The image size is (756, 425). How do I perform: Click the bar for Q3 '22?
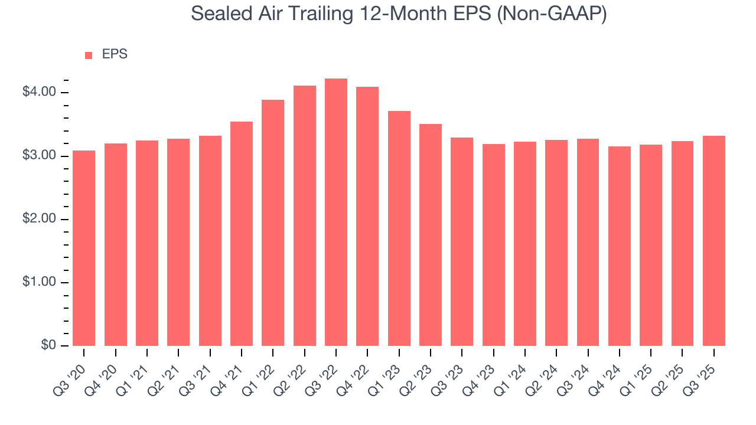pos(335,212)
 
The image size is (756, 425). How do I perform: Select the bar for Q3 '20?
pos(84,248)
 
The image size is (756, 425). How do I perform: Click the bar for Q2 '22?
pos(304,216)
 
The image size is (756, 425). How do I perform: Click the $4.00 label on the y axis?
pos(39,92)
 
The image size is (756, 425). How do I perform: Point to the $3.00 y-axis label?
pos(39,156)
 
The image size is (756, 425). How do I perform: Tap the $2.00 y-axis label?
pos(39,219)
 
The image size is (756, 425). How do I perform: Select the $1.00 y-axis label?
pos(39,282)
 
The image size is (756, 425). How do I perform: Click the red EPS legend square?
pos(89,55)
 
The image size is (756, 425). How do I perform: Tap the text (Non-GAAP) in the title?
pos(552,14)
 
